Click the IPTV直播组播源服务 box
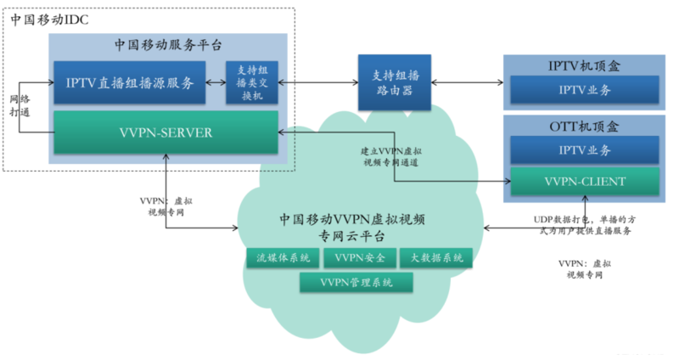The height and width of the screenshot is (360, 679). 132,82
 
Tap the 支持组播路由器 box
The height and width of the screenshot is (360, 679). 392,82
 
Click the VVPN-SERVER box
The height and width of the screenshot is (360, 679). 166,132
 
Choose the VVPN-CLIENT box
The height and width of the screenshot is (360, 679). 584,181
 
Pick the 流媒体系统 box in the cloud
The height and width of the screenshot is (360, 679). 278,257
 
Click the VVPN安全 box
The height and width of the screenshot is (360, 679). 360,257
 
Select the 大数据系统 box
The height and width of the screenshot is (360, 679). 435,257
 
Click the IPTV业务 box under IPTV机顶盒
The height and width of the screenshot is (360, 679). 584,89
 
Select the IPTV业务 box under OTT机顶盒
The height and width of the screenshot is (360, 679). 584,150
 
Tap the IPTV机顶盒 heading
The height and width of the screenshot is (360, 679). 584,65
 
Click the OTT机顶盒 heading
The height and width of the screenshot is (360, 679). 584,127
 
